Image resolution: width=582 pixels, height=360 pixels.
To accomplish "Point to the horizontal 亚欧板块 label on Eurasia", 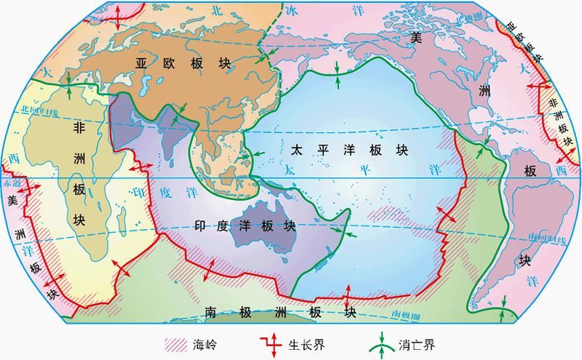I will [182, 63].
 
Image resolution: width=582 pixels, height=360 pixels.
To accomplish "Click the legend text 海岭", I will [207, 343].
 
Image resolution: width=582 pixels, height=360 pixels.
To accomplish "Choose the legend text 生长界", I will [301, 343].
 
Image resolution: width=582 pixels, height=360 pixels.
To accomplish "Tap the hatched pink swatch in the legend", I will [177, 343].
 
